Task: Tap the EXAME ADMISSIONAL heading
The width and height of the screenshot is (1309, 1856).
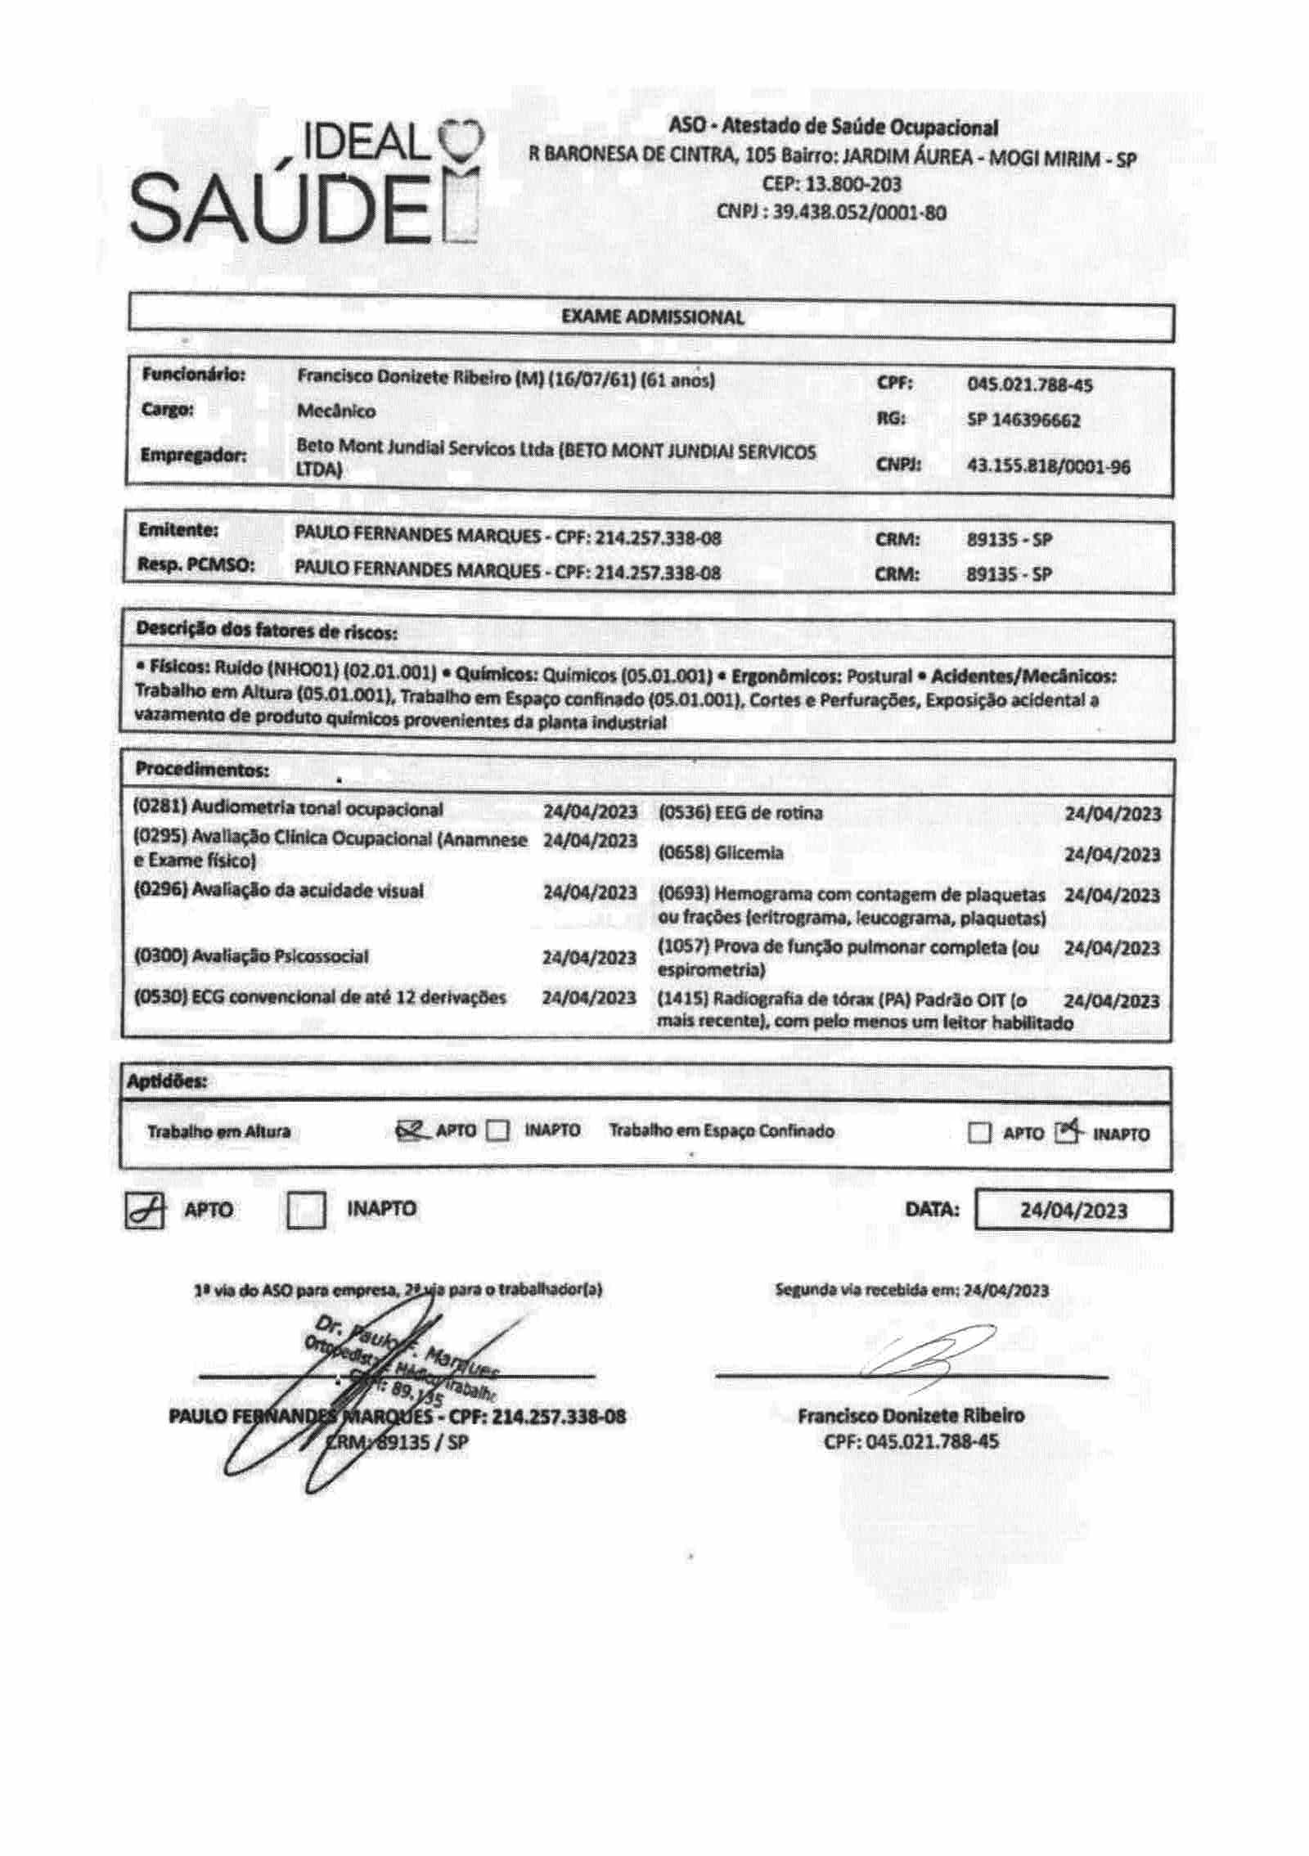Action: [652, 318]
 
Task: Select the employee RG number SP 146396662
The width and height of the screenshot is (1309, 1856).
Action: [1023, 420]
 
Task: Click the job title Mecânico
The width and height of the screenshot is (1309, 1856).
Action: [336, 411]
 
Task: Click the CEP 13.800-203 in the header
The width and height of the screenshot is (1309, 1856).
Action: [831, 185]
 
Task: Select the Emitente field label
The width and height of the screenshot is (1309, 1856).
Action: [178, 530]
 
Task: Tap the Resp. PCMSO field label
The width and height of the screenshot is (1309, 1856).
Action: [196, 565]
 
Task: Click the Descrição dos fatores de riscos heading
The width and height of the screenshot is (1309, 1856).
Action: [267, 631]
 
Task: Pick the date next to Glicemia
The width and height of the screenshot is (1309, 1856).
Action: [1112, 855]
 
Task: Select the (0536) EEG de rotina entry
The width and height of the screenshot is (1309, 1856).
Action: [740, 813]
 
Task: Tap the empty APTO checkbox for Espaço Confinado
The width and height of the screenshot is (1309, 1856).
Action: [978, 1134]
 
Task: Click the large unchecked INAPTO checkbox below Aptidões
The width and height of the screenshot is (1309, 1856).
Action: [307, 1210]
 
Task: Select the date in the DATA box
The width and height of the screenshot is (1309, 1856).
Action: [1073, 1211]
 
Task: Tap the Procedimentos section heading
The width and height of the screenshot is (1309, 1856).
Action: [202, 770]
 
